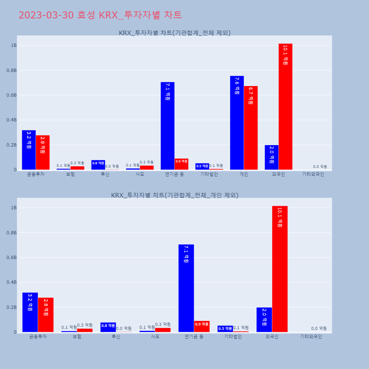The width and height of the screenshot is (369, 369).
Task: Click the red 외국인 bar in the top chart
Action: click(x=285, y=107)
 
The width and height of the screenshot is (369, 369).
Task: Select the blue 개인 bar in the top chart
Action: click(x=237, y=123)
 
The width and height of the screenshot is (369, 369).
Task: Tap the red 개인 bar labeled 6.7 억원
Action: click(x=251, y=128)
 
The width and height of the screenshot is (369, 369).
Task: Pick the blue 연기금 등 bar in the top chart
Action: click(x=168, y=126)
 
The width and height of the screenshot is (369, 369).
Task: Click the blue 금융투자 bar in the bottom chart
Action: click(x=30, y=312)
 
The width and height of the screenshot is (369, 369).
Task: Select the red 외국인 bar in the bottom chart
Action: click(x=280, y=269)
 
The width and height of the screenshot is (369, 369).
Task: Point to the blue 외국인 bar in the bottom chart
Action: click(x=264, y=320)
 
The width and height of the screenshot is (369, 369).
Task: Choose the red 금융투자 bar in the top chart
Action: click(x=43, y=152)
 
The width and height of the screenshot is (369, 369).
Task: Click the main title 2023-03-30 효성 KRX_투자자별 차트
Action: click(x=100, y=15)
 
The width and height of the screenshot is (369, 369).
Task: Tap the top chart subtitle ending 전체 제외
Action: click(x=175, y=33)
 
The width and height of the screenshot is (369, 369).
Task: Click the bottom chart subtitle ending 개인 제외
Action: click(x=175, y=195)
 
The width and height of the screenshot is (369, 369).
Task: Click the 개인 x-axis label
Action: click(x=244, y=174)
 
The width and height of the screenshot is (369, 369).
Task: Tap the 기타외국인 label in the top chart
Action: click(x=313, y=174)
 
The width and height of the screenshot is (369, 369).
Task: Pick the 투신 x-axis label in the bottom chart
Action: click(x=116, y=337)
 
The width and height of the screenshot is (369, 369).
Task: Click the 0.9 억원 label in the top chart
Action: click(x=182, y=161)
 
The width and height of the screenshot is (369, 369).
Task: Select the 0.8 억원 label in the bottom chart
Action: click(x=108, y=325)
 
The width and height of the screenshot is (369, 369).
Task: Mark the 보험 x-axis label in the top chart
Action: click(x=70, y=174)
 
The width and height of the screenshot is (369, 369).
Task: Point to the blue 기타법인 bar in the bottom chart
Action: click(x=225, y=329)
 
